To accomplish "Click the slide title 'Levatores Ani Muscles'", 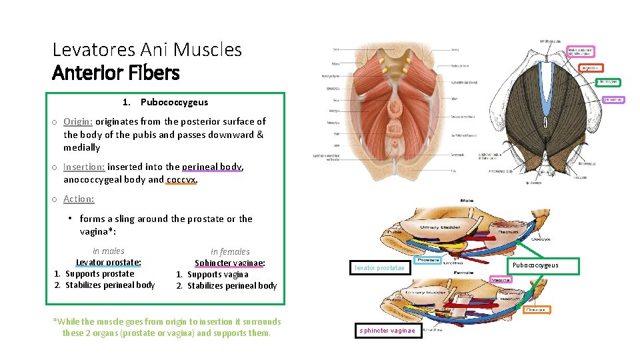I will coord(147,49).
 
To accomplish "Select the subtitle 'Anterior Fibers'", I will coord(116,72).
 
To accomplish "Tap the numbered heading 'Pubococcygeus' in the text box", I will coord(174,102).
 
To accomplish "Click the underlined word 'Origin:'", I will coord(78,121).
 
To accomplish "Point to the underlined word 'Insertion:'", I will coord(84,167).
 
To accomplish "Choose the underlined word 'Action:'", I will coord(79,199).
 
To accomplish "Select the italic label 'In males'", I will coord(108,251).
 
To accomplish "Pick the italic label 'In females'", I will coord(230,252).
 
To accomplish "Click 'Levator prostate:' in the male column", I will coord(108,263).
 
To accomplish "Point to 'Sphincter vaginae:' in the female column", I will coord(230,263).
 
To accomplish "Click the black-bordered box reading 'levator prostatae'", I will coord(379,268).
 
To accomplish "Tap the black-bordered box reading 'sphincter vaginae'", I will coord(387,331).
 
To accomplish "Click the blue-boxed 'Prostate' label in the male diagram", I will coord(428,259).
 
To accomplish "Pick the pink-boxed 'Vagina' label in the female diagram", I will coord(501,280).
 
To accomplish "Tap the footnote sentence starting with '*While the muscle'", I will coord(167,327).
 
